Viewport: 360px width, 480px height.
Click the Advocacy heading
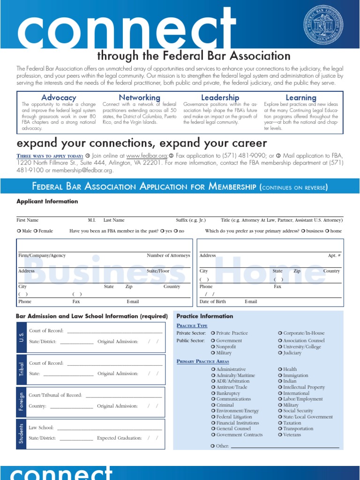point(59,97)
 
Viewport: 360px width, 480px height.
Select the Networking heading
point(139,97)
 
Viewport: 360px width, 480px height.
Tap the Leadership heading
point(220,97)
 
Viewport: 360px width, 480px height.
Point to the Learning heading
point(301,97)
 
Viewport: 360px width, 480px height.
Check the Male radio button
point(19,231)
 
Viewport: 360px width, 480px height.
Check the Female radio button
point(36,231)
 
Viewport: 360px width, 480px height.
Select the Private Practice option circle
point(213,333)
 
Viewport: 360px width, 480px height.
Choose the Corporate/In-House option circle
point(280,333)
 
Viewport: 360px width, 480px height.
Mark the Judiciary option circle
point(280,353)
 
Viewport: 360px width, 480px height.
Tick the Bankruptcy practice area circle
point(213,393)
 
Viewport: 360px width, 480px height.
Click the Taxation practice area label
point(292,423)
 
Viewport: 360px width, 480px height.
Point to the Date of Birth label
point(212,301)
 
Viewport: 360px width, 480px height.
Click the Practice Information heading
point(204,316)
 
